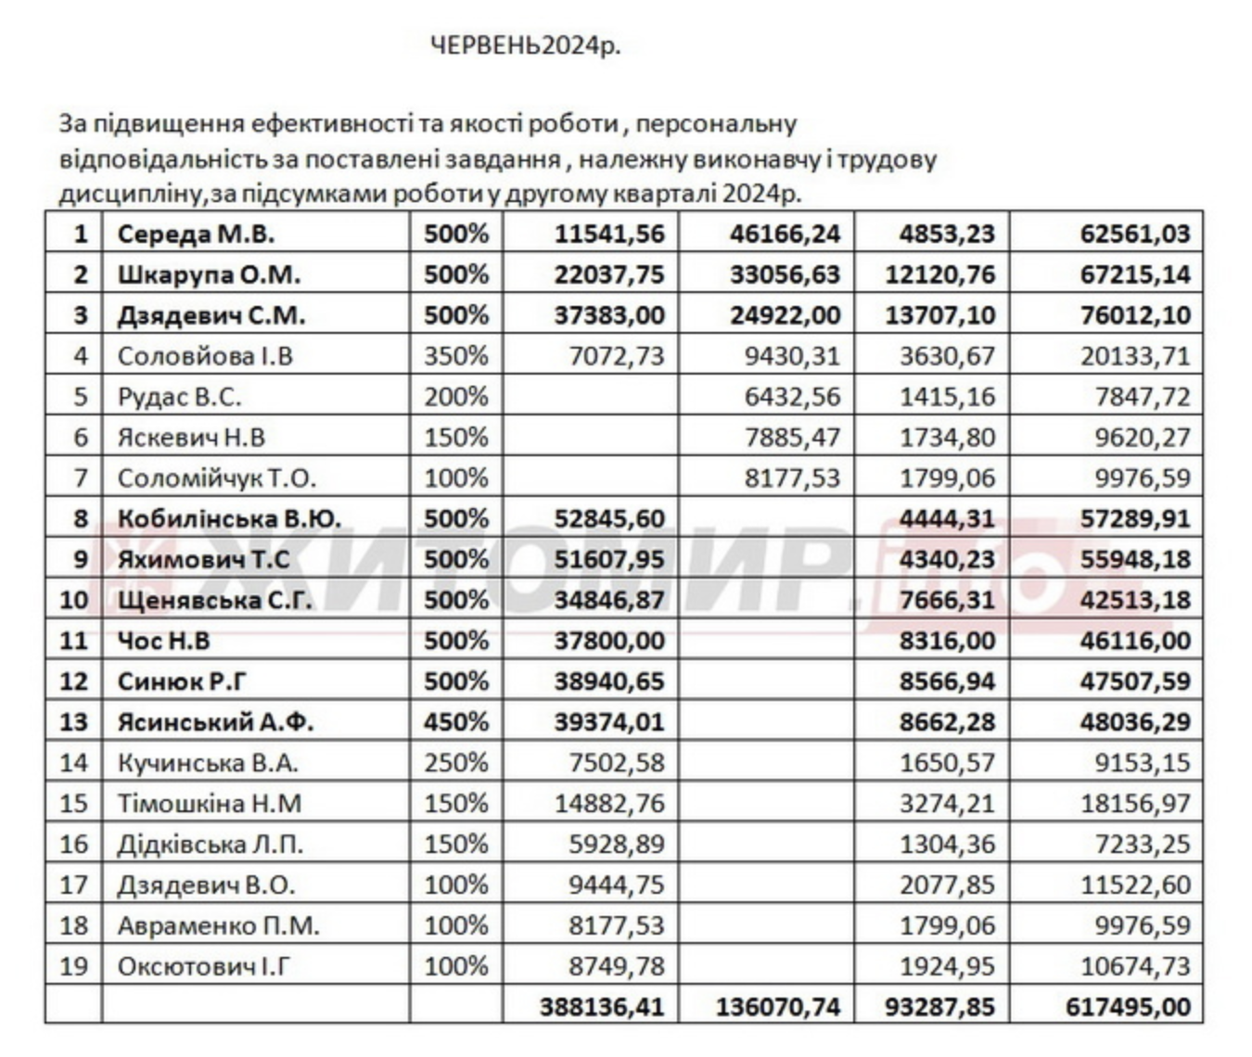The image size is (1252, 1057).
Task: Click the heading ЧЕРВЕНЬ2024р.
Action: tap(525, 45)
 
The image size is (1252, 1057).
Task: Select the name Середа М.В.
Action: tap(196, 234)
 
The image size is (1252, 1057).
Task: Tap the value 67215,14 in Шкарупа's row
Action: tap(1134, 274)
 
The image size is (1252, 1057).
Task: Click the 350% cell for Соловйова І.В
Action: tap(455, 356)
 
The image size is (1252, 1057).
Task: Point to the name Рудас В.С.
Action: tap(179, 397)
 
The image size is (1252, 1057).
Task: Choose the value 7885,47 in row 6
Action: tap(793, 437)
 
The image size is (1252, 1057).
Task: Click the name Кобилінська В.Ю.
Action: tap(229, 518)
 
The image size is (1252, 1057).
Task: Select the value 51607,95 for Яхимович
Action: tap(609, 559)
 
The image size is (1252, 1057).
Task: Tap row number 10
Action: tap(73, 600)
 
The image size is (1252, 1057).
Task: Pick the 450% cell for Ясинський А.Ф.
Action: tap(455, 721)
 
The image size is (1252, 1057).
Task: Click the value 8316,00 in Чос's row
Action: tap(947, 641)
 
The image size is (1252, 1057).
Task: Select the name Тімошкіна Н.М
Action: tap(210, 803)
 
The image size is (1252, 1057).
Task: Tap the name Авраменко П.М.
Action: tap(218, 925)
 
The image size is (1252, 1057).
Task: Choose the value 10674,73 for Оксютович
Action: tap(1134, 966)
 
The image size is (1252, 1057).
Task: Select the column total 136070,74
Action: tap(778, 1007)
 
